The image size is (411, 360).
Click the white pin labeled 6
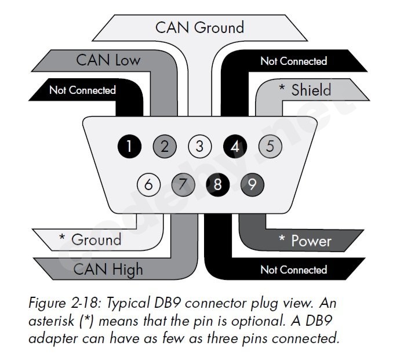[x=148, y=185]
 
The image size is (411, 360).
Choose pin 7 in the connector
[x=183, y=185]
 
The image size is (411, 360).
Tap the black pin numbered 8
[x=218, y=185]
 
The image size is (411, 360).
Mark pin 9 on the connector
[x=252, y=185]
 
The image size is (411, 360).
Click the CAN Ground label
[x=199, y=27]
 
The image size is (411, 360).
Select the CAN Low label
[x=108, y=60]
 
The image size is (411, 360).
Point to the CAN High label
[x=108, y=269]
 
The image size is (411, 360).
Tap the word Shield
[x=311, y=90]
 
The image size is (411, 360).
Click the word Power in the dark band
[x=311, y=240]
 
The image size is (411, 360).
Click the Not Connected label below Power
[x=293, y=270]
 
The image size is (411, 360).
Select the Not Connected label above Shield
[x=293, y=61]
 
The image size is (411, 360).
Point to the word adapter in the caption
[x=50, y=337]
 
